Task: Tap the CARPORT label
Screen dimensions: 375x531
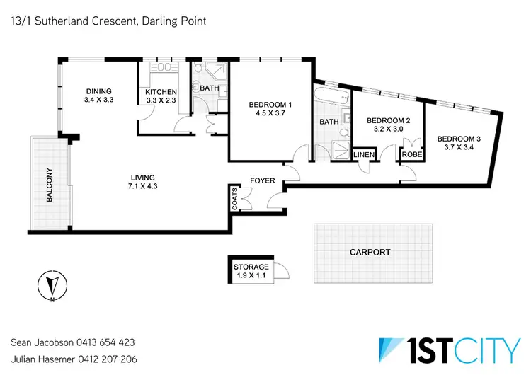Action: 370,253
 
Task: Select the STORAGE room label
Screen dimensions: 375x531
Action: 251,267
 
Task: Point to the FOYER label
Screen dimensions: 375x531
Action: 263,181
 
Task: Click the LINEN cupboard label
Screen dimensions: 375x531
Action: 363,154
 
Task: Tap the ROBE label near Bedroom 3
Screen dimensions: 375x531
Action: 410,154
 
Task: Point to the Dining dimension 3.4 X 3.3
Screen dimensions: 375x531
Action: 100,100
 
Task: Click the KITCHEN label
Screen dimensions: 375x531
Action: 161,92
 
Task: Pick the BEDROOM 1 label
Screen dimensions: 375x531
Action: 270,106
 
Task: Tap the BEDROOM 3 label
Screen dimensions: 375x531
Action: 458,139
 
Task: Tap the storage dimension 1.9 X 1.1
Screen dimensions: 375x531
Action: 251,275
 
